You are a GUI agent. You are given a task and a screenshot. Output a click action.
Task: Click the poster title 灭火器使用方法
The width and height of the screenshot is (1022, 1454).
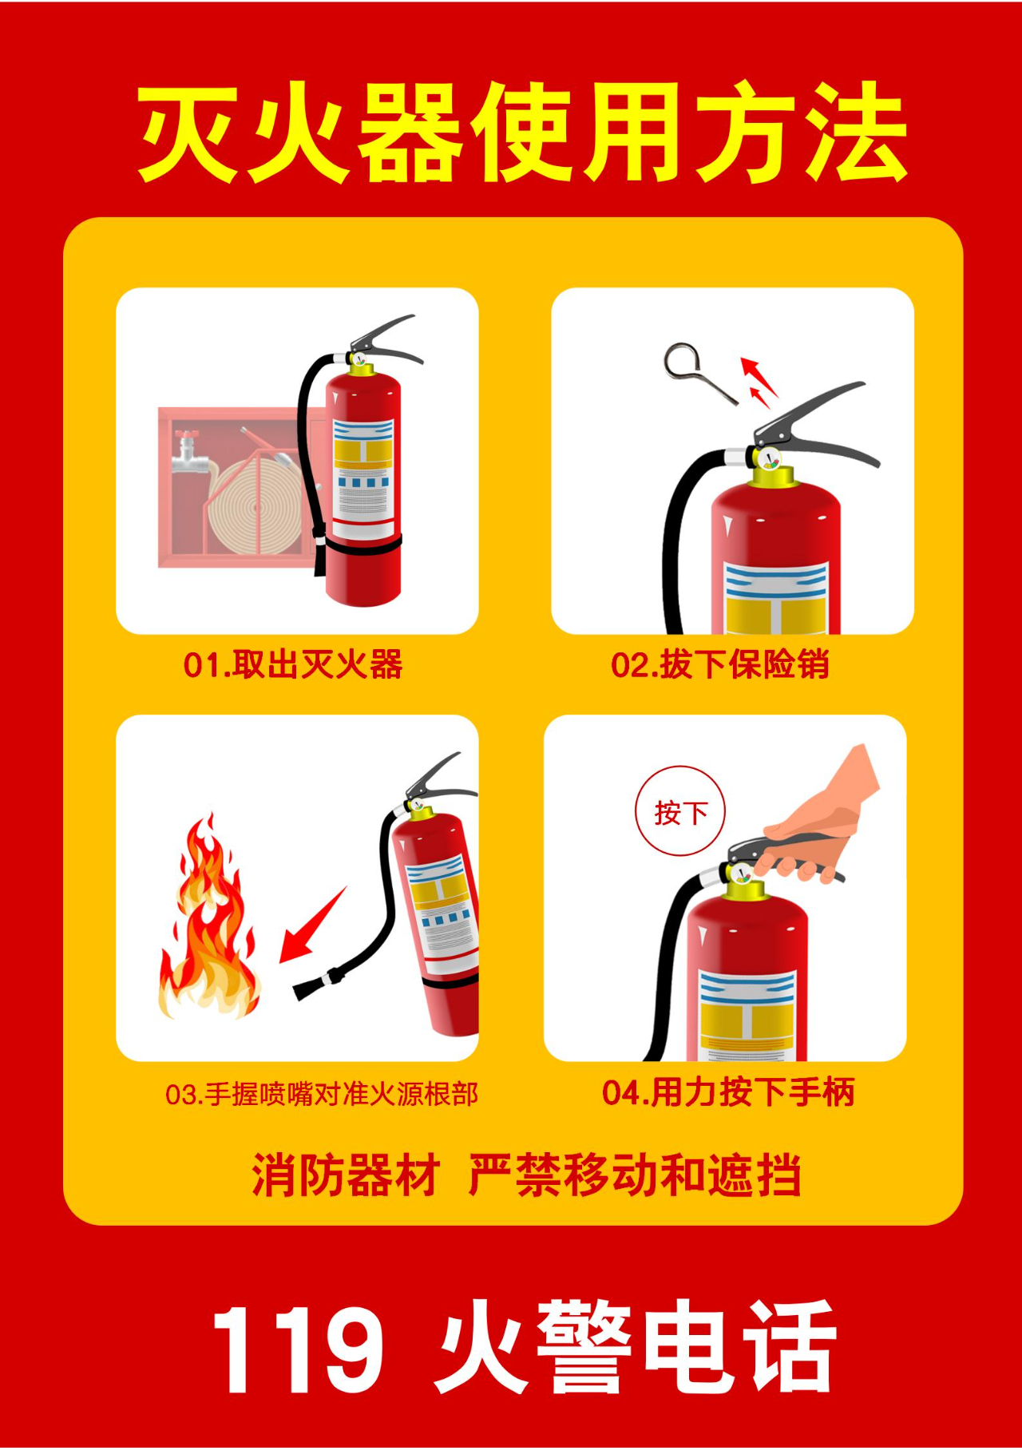point(523,132)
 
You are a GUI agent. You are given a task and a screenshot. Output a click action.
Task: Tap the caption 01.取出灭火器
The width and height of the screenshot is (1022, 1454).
point(293,664)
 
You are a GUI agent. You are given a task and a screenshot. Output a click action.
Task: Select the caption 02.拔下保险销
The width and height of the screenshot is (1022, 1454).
point(720,664)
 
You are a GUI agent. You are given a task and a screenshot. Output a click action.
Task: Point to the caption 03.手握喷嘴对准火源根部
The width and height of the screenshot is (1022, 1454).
point(322,1093)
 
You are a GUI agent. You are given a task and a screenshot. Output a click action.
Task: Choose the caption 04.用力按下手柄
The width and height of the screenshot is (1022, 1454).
point(728,1092)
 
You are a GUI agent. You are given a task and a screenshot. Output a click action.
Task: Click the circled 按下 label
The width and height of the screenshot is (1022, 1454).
point(680,812)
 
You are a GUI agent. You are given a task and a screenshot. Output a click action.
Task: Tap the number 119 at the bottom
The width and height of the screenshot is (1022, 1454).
point(298,1350)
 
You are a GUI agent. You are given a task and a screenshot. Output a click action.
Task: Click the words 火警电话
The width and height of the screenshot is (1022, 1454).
point(636,1349)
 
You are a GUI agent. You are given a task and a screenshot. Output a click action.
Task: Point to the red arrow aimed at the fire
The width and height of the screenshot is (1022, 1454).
point(313,925)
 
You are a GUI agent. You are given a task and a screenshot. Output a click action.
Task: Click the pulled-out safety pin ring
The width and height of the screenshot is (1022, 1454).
point(683,363)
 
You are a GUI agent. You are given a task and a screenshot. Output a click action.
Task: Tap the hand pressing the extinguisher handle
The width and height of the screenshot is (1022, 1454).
point(822,814)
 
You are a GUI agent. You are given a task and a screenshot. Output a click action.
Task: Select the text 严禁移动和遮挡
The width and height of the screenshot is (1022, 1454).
point(635,1175)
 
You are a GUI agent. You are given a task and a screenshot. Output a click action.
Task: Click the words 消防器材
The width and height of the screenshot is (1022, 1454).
point(346,1175)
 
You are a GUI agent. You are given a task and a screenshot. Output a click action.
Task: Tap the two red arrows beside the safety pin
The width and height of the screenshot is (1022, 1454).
point(759,382)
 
